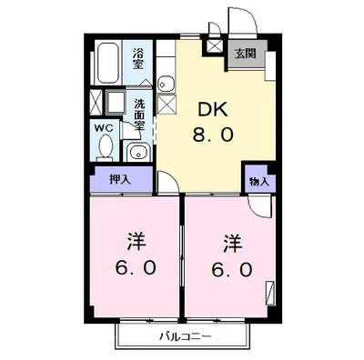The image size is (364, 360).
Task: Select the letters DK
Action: tap(215, 110)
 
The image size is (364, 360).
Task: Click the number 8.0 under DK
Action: tap(215, 137)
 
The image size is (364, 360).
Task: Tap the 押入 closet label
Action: tap(120, 179)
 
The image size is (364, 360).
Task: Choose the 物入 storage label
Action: tap(258, 181)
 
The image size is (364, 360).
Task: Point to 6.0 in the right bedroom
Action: tap(233, 270)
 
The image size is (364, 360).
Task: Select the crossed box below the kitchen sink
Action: tap(167, 104)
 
